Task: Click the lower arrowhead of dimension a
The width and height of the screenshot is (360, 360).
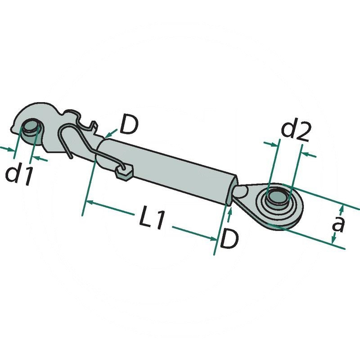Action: [x=333, y=241]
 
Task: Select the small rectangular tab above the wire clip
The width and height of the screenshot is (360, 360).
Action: [x=93, y=126]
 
